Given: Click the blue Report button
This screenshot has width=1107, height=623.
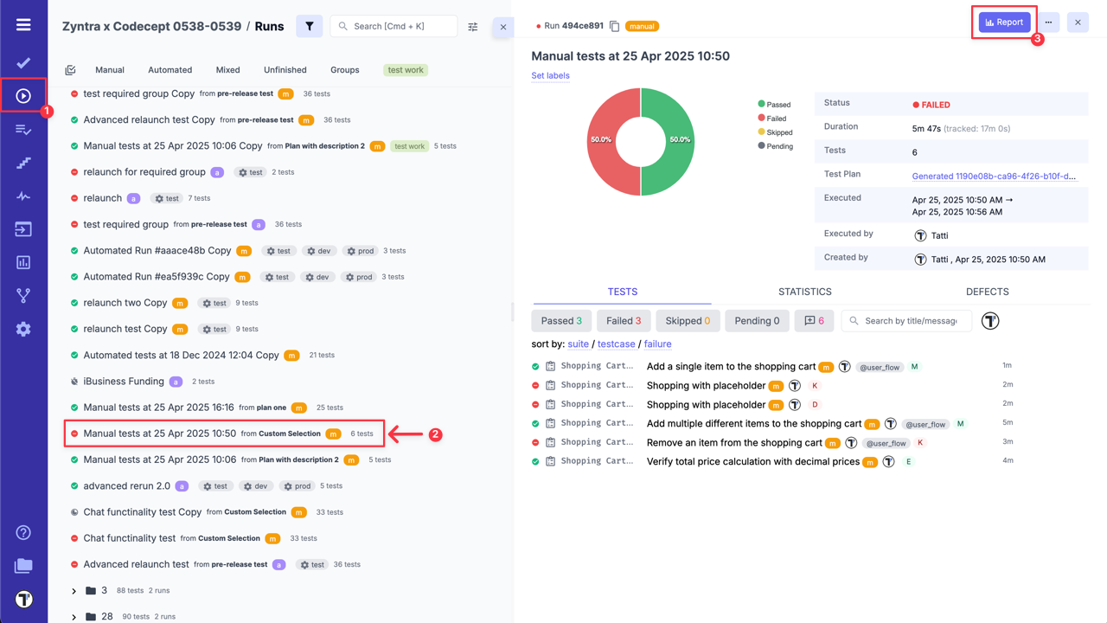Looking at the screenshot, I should (x=1004, y=22).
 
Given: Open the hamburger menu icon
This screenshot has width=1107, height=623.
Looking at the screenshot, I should (x=23, y=24).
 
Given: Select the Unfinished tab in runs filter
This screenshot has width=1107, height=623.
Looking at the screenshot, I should (x=285, y=70).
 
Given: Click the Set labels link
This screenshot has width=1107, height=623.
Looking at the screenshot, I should (x=550, y=75).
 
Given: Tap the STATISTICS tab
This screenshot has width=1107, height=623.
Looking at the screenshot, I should (x=804, y=292).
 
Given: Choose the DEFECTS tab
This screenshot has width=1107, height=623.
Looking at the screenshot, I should (x=987, y=292).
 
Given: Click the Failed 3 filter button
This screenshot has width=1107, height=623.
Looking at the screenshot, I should (x=623, y=321).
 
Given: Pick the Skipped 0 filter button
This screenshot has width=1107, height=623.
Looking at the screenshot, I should (x=688, y=321).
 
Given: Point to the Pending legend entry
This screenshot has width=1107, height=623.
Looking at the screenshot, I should (x=778, y=146).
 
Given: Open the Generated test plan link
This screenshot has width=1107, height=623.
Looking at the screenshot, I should (x=994, y=177).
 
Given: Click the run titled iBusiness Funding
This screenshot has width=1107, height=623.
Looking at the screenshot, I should (x=124, y=382).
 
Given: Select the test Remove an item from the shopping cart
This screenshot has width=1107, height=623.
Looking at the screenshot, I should (x=734, y=443).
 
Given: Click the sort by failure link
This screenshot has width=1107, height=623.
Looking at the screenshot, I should (x=657, y=344).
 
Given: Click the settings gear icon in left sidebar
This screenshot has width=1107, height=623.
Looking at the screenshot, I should (x=23, y=329).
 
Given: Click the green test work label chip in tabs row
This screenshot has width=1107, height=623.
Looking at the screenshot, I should (x=406, y=70).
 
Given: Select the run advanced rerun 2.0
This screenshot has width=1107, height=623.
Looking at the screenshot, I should (x=126, y=486).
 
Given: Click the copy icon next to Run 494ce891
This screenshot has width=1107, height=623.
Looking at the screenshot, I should (x=614, y=26).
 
